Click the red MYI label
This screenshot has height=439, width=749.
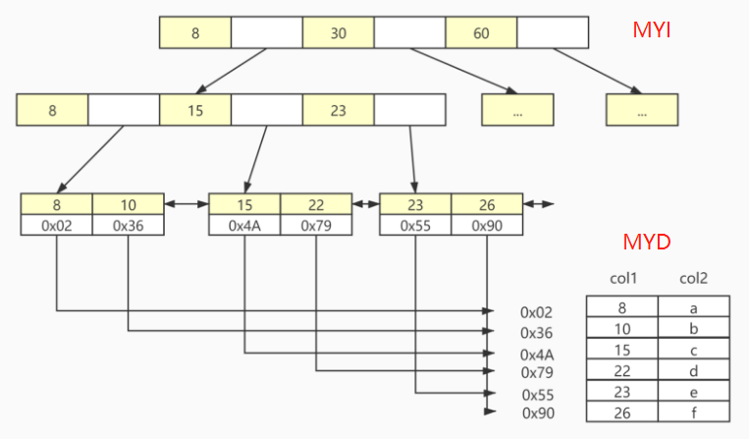652,29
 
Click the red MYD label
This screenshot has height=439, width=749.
647,242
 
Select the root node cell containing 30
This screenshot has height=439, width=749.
339,33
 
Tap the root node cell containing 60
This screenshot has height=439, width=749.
481,33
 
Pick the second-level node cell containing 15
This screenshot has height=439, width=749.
194,110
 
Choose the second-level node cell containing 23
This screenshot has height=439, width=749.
338,110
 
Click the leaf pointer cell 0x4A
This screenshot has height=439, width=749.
244,225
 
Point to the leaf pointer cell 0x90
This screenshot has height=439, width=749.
487,225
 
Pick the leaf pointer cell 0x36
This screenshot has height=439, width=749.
129,225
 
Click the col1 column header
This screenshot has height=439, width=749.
623,279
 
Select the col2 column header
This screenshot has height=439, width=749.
693,279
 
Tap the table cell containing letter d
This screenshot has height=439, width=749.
693,369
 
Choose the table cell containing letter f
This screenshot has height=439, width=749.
693,412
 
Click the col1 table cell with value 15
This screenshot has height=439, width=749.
622,349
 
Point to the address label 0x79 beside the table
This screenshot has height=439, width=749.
537,371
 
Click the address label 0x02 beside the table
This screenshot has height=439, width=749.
537,312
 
